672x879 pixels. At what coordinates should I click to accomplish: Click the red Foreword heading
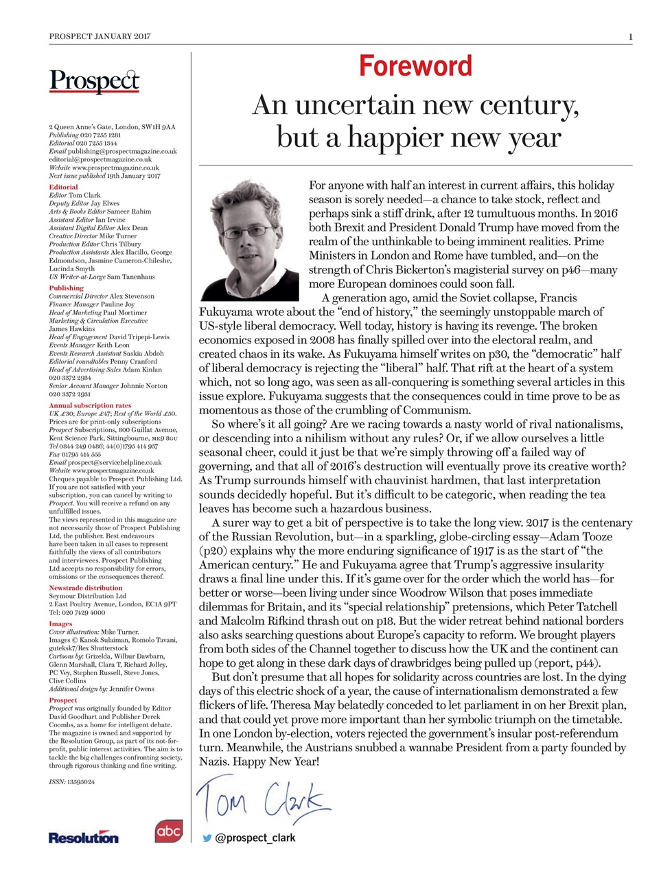(x=415, y=66)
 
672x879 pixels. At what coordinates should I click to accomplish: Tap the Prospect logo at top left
(x=94, y=82)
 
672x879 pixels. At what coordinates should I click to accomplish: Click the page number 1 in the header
(x=629, y=36)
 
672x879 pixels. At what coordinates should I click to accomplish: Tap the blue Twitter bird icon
(x=207, y=838)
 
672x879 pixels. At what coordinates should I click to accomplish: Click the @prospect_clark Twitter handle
(x=255, y=838)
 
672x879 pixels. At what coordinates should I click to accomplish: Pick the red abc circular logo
(x=168, y=831)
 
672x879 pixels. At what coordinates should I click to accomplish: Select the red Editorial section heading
(x=63, y=187)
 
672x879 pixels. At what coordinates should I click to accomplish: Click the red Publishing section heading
(x=66, y=288)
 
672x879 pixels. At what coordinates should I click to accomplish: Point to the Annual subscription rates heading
(x=90, y=405)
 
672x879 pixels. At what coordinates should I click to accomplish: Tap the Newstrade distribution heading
(x=86, y=588)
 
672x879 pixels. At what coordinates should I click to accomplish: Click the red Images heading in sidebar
(x=60, y=624)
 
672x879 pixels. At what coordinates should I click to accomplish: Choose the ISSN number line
(x=71, y=781)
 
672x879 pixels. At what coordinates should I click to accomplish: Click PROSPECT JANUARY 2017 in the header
(x=100, y=36)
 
